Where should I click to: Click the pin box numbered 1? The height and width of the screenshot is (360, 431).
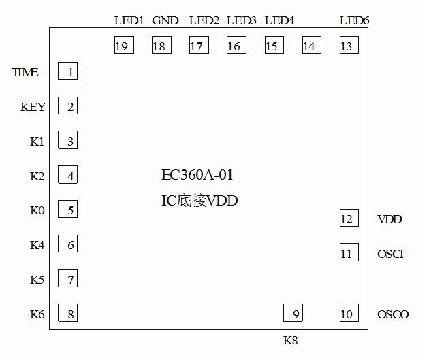[x=67, y=71]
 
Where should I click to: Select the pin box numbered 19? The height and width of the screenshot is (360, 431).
[x=123, y=46]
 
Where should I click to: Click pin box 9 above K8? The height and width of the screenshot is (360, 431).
[x=293, y=313]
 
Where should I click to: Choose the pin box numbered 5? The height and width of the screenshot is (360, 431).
[x=67, y=209]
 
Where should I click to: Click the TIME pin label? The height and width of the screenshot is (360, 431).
[x=25, y=72]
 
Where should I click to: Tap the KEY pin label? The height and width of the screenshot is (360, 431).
[x=33, y=107]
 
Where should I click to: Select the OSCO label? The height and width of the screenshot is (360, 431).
[x=393, y=314]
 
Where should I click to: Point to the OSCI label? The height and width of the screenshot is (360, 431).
[x=390, y=254]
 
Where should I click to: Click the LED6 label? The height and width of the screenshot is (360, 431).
[x=354, y=21]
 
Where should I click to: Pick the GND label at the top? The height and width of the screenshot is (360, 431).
[x=165, y=21]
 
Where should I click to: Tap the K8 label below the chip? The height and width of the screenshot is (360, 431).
[x=290, y=340]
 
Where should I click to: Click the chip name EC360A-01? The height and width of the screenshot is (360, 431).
[x=197, y=176]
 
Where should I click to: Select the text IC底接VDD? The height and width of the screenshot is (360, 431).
[x=199, y=201]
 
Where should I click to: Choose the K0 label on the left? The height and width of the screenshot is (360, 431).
[x=37, y=210]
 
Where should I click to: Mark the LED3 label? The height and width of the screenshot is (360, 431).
[x=241, y=21]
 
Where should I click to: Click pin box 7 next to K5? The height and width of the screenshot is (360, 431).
[x=67, y=278]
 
